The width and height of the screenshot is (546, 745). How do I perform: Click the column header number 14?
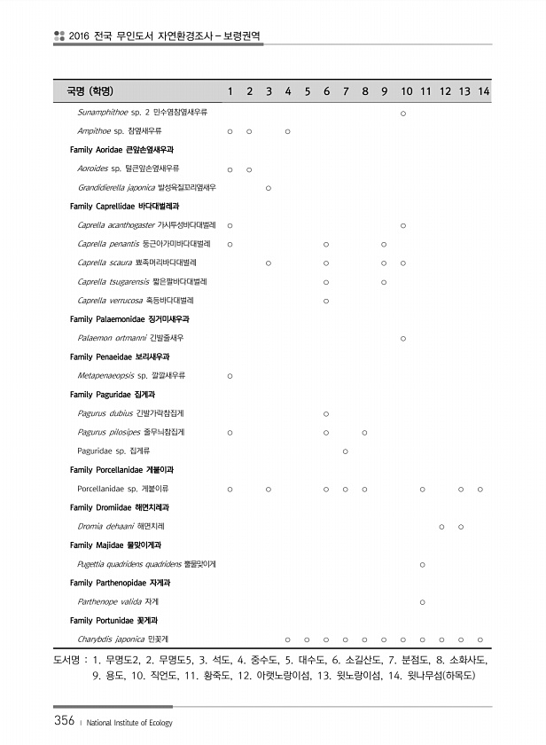[484, 91]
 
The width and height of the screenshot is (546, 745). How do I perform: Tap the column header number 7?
[346, 91]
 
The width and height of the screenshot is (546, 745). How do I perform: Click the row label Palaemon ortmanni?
[131, 338]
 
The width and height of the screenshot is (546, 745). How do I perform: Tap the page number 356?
[61, 720]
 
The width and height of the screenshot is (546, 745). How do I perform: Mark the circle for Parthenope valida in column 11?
[422, 602]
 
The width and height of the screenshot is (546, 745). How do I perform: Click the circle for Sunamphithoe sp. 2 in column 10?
[403, 113]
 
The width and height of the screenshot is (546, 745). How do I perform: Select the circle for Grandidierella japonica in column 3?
[269, 188]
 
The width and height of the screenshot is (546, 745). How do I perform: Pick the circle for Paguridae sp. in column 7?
[345, 451]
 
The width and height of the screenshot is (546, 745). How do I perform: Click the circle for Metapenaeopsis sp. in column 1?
[230, 376]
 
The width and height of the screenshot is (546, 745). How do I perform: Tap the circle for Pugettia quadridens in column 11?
[422, 564]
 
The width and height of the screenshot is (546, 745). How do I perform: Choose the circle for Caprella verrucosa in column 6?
[326, 301]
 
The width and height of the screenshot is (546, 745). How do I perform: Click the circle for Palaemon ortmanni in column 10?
[403, 338]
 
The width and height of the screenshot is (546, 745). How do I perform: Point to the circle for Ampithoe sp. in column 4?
[288, 131]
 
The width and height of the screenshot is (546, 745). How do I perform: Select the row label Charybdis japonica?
[124, 639]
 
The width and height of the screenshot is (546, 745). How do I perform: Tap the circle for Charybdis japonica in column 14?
[480, 639]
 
